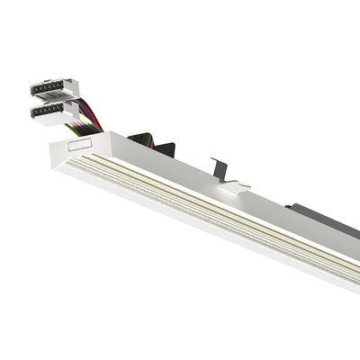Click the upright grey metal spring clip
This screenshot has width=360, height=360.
220,167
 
